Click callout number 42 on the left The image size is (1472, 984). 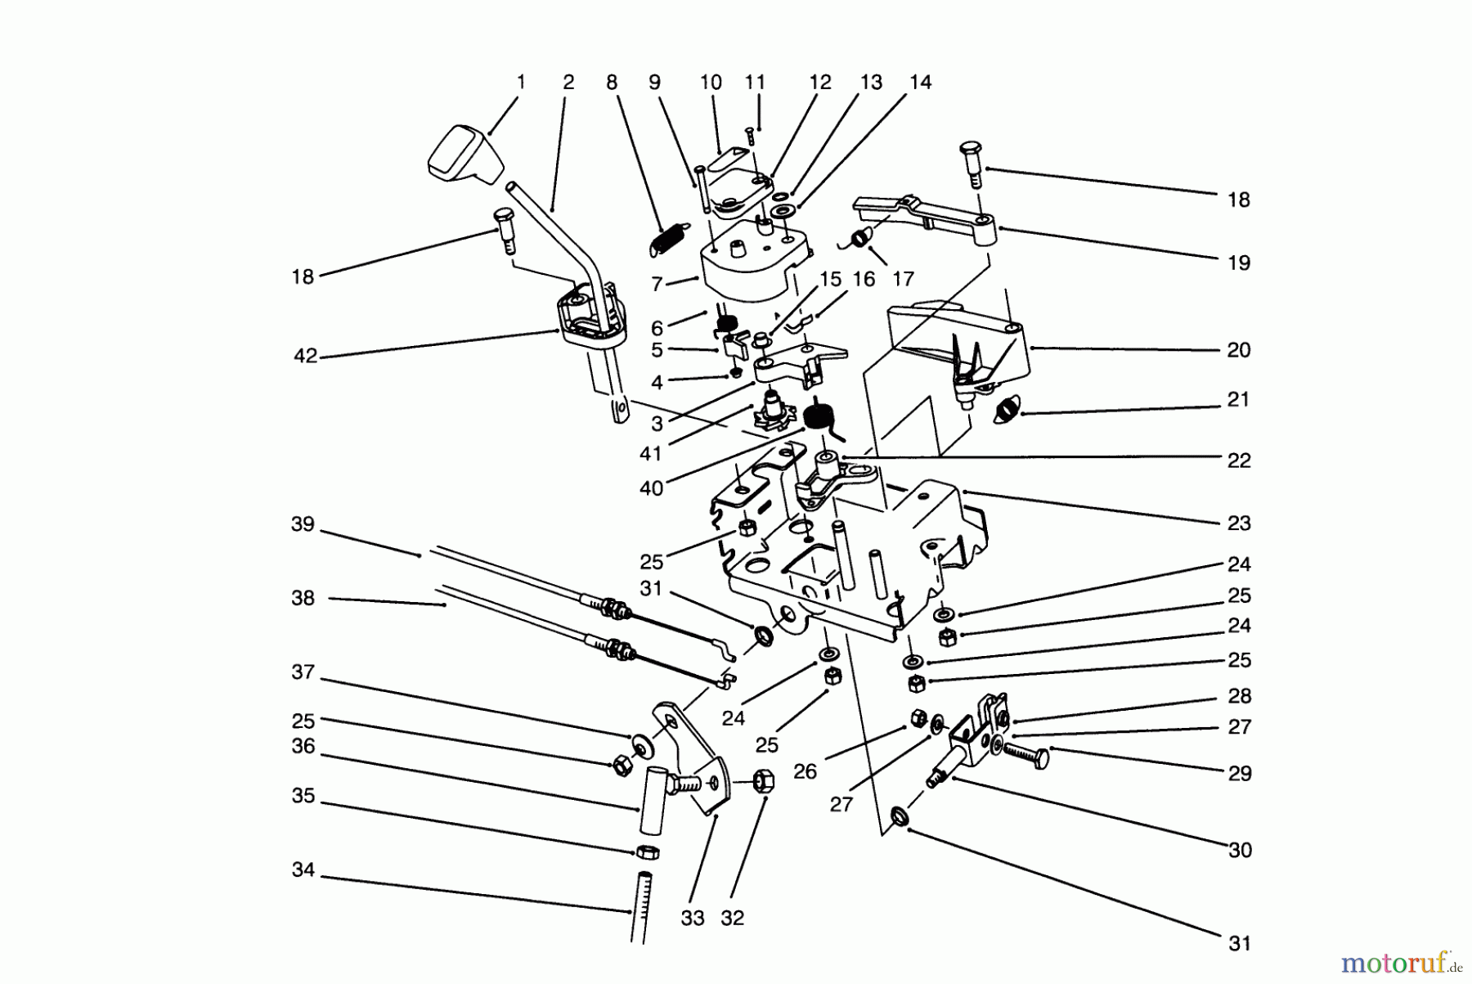[305, 357]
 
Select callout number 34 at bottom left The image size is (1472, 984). [303, 870]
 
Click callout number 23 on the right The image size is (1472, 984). [1239, 523]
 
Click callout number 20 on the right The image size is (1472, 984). [1239, 350]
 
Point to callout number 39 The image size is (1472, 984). [303, 524]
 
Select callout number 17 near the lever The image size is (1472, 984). [903, 279]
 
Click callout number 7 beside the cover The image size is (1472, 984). [657, 285]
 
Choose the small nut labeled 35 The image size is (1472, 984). [646, 851]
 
